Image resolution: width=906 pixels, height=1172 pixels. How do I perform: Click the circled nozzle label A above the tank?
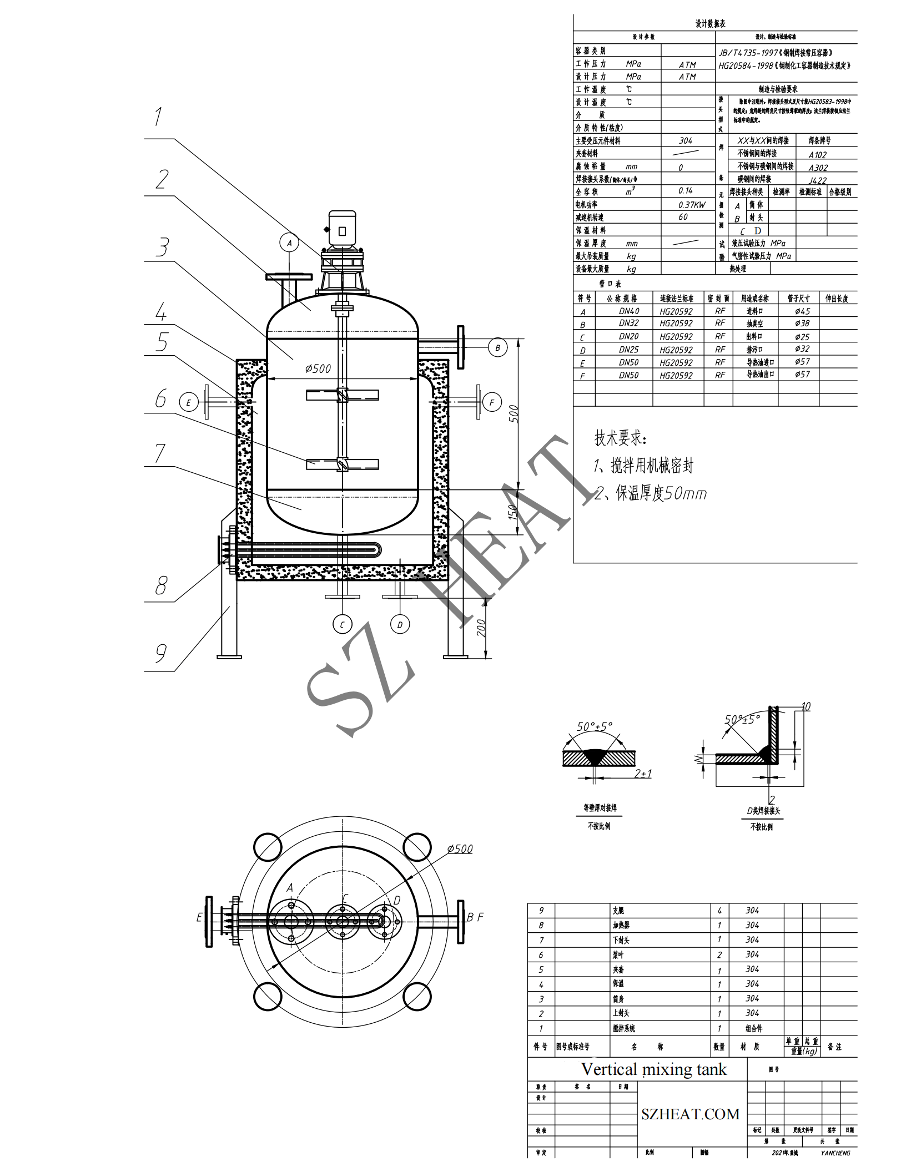tap(289, 243)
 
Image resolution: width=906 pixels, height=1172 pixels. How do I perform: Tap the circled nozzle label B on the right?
tap(497, 348)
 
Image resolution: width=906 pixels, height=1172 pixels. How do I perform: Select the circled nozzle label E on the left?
tap(188, 402)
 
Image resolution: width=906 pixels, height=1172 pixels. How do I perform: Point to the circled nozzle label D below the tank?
tap(400, 624)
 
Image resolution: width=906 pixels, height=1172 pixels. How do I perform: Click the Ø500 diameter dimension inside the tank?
tap(318, 368)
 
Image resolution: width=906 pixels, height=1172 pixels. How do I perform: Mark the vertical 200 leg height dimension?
tap(481, 628)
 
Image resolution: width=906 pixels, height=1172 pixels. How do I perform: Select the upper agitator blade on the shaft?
tap(342, 395)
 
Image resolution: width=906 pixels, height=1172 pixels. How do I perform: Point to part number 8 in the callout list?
tap(161, 585)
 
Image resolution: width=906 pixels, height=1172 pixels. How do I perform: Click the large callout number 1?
tap(158, 117)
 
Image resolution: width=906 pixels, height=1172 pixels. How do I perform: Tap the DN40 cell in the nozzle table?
tap(628, 311)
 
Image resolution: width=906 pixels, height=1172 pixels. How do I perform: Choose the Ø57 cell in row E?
tap(802, 362)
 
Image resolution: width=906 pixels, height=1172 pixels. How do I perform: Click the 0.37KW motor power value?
tap(692, 205)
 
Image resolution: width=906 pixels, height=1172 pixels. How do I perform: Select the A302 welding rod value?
tap(818, 168)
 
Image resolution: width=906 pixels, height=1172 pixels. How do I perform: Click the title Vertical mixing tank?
tap(653, 1069)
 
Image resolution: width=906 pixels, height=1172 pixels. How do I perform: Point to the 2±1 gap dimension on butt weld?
tap(643, 773)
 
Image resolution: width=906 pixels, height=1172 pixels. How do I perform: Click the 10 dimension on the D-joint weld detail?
tap(806, 706)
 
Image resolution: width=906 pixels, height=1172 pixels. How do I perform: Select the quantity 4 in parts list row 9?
tap(719, 911)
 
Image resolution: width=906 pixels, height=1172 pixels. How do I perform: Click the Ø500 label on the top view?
tap(460, 849)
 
